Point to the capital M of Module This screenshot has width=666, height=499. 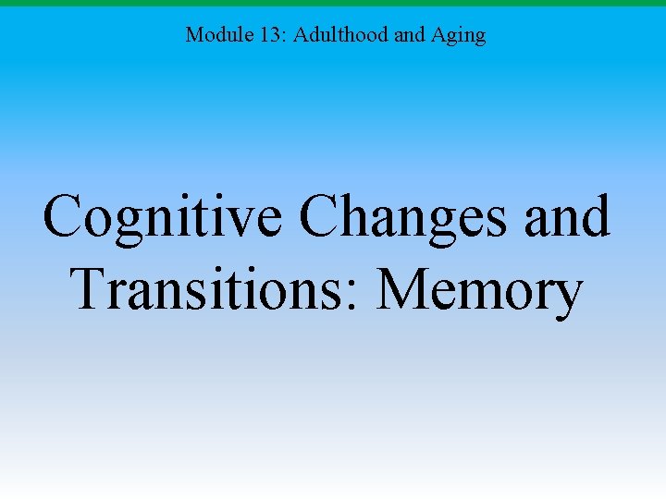193,35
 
